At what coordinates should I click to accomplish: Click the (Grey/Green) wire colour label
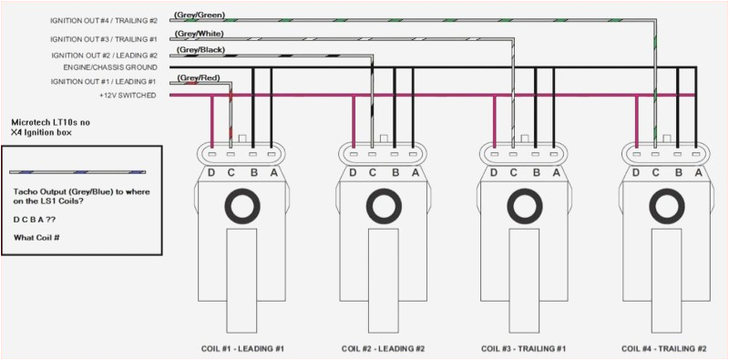click(199, 15)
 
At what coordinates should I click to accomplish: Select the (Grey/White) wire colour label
click(199, 34)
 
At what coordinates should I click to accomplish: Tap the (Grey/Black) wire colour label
click(199, 50)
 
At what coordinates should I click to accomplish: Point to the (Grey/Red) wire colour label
click(198, 77)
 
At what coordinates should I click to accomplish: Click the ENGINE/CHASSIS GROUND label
click(110, 67)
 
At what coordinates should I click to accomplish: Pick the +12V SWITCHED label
click(128, 96)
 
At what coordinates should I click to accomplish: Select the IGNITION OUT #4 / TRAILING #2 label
click(104, 21)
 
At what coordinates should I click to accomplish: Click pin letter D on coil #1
click(211, 173)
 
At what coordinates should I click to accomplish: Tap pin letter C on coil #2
click(373, 173)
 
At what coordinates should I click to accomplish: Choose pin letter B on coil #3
click(536, 173)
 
